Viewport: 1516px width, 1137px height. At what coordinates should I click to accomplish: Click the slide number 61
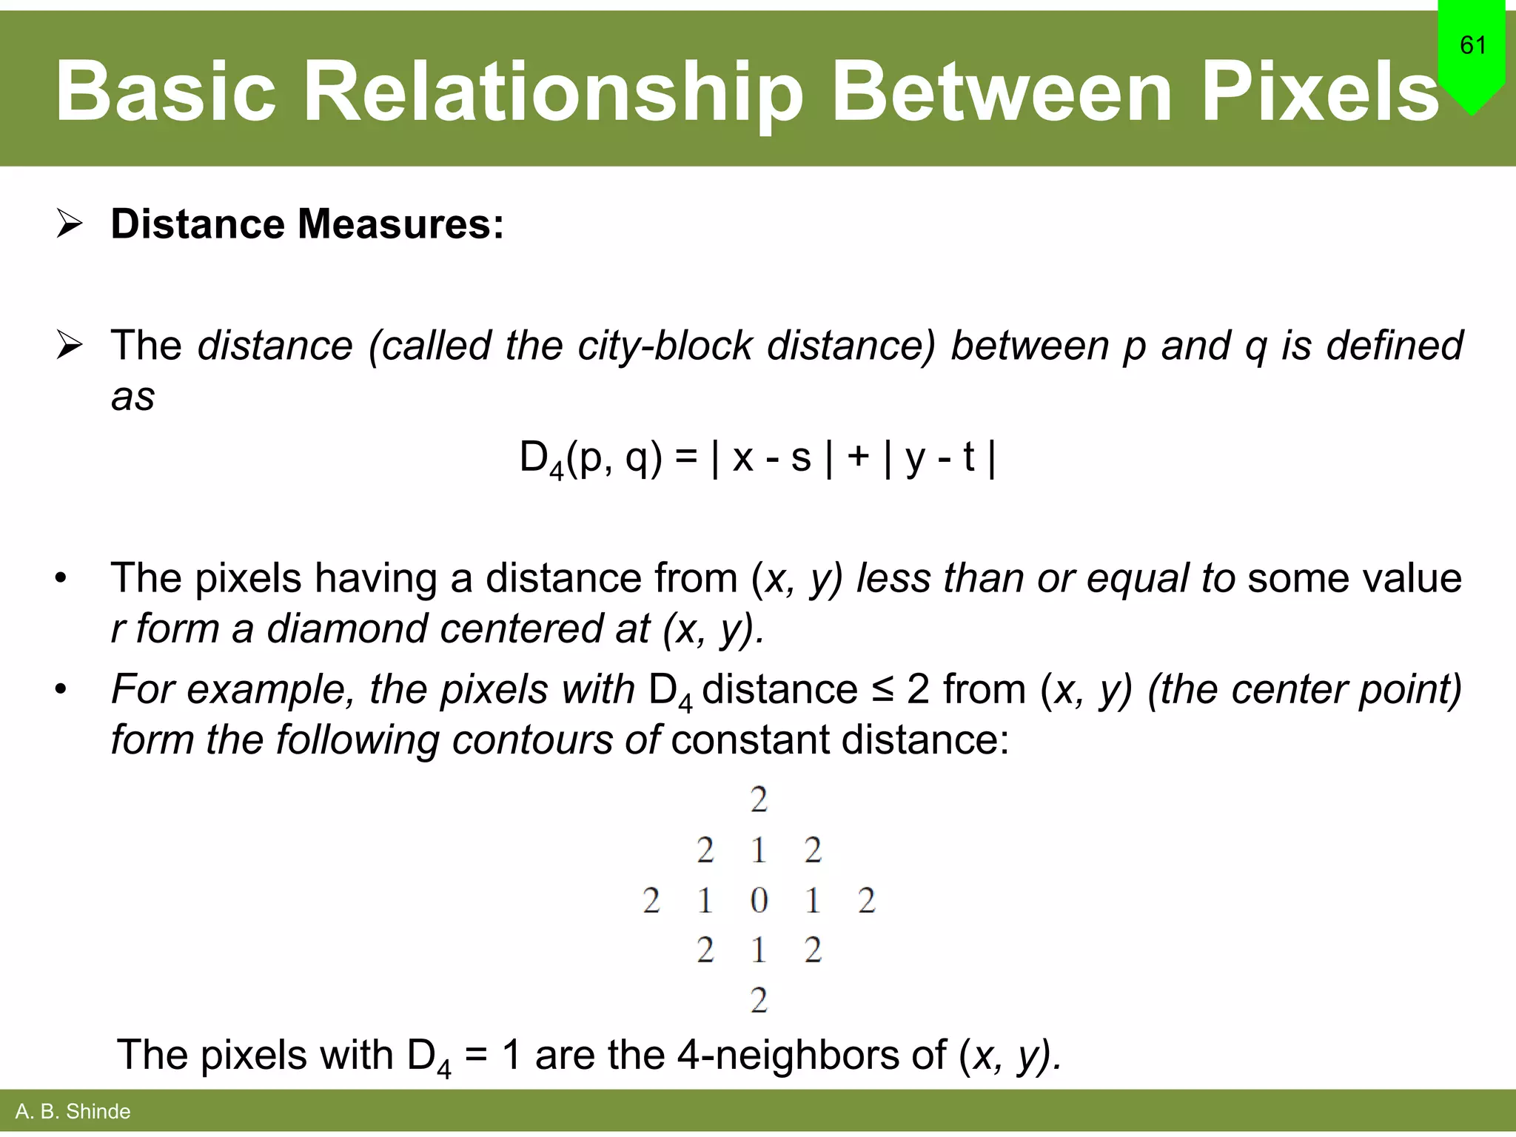1472,45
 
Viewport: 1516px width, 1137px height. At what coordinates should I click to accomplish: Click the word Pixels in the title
1319,92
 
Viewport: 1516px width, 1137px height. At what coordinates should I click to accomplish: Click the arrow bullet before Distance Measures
70,224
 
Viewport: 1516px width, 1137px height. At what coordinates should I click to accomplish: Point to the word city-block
664,346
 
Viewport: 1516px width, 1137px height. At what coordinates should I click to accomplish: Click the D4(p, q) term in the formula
590,458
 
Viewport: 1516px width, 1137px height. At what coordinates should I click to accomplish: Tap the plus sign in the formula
858,455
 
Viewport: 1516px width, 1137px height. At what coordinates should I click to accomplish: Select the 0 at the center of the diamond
759,901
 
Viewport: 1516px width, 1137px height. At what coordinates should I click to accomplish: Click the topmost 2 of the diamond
759,800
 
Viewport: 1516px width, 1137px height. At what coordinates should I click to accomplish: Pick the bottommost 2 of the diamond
759,1001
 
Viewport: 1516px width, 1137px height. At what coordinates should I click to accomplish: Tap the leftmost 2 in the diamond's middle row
651,901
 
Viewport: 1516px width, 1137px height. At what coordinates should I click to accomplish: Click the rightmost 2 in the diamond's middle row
867,901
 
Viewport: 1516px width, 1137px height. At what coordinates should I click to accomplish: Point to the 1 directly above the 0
759,851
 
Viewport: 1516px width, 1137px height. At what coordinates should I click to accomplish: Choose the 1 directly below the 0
759,950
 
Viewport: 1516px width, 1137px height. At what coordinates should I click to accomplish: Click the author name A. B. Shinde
73,1112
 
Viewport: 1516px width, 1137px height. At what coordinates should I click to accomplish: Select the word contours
531,740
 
